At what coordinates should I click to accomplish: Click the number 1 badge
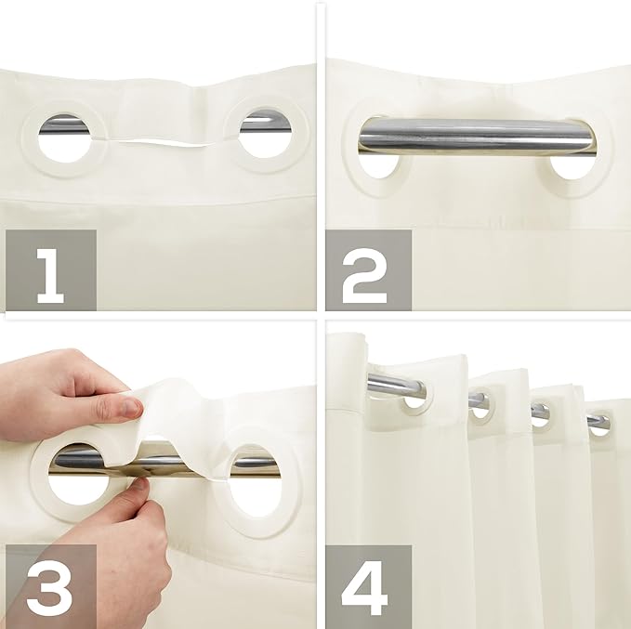point(50,269)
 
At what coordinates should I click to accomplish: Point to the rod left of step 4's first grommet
point(383,383)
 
